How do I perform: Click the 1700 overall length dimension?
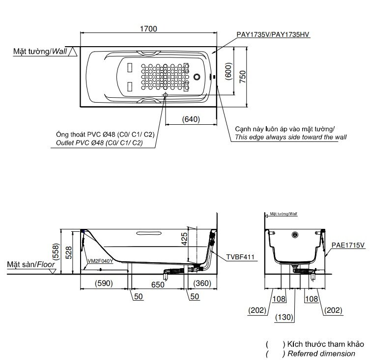pos(148,28)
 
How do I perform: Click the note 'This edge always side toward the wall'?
pos(290,137)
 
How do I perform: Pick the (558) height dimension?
pos(57,251)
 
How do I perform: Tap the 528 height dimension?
pos(68,251)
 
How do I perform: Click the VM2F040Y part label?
pos(100,261)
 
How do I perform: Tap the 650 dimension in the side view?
pos(157,284)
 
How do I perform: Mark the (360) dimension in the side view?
pos(202,284)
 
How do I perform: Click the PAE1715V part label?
pos(348,244)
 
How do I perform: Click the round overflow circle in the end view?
pos(295,235)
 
